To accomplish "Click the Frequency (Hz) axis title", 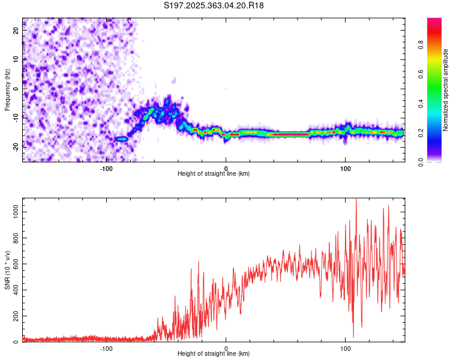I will point(7,90).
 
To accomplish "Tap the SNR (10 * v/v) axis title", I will point(7,269).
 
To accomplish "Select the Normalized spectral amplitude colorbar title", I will point(445,90).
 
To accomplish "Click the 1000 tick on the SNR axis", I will point(16,212).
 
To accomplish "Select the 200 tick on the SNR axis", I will point(16,316).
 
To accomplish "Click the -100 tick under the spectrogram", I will point(106,168).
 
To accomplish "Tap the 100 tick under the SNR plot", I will point(345,348).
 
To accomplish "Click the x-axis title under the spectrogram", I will point(214,174).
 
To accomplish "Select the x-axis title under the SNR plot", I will point(214,354).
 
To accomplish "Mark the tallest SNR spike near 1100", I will point(356,200).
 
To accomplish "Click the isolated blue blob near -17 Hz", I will point(122,139).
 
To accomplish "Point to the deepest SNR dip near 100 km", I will point(353,337).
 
